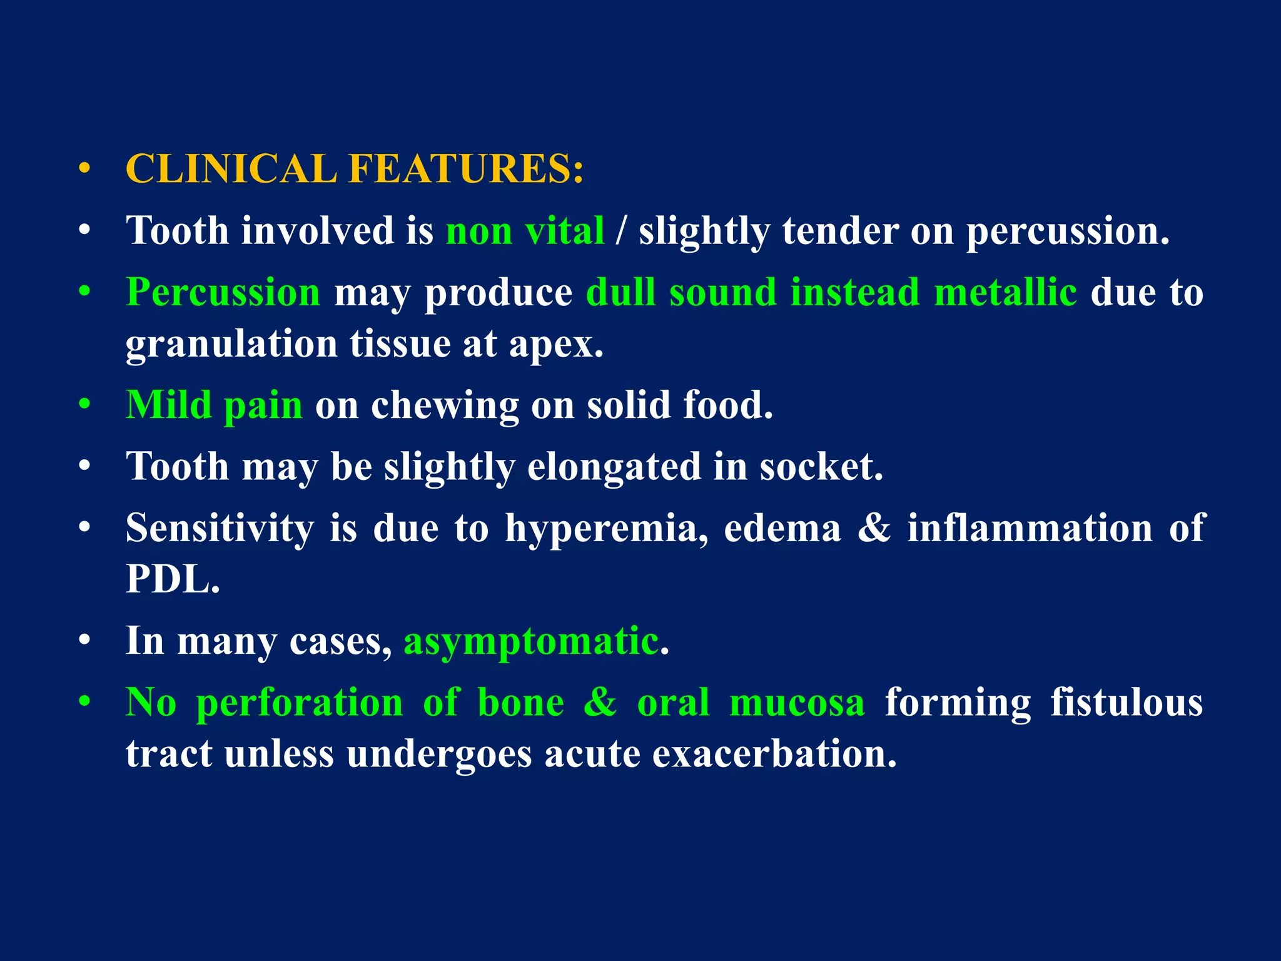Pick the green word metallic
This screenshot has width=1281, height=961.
pyautogui.click(x=1005, y=292)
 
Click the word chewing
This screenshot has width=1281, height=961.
pyautogui.click(x=445, y=406)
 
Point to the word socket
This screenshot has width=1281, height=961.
pyautogui.click(x=821, y=467)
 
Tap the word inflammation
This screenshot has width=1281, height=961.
pyautogui.click(x=1030, y=528)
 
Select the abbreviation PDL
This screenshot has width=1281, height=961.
pyautogui.click(x=172, y=579)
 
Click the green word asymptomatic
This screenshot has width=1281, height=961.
pyautogui.click(x=531, y=642)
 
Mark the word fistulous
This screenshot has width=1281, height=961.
pyautogui.click(x=1126, y=702)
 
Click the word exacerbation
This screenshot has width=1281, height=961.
pyautogui.click(x=774, y=754)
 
